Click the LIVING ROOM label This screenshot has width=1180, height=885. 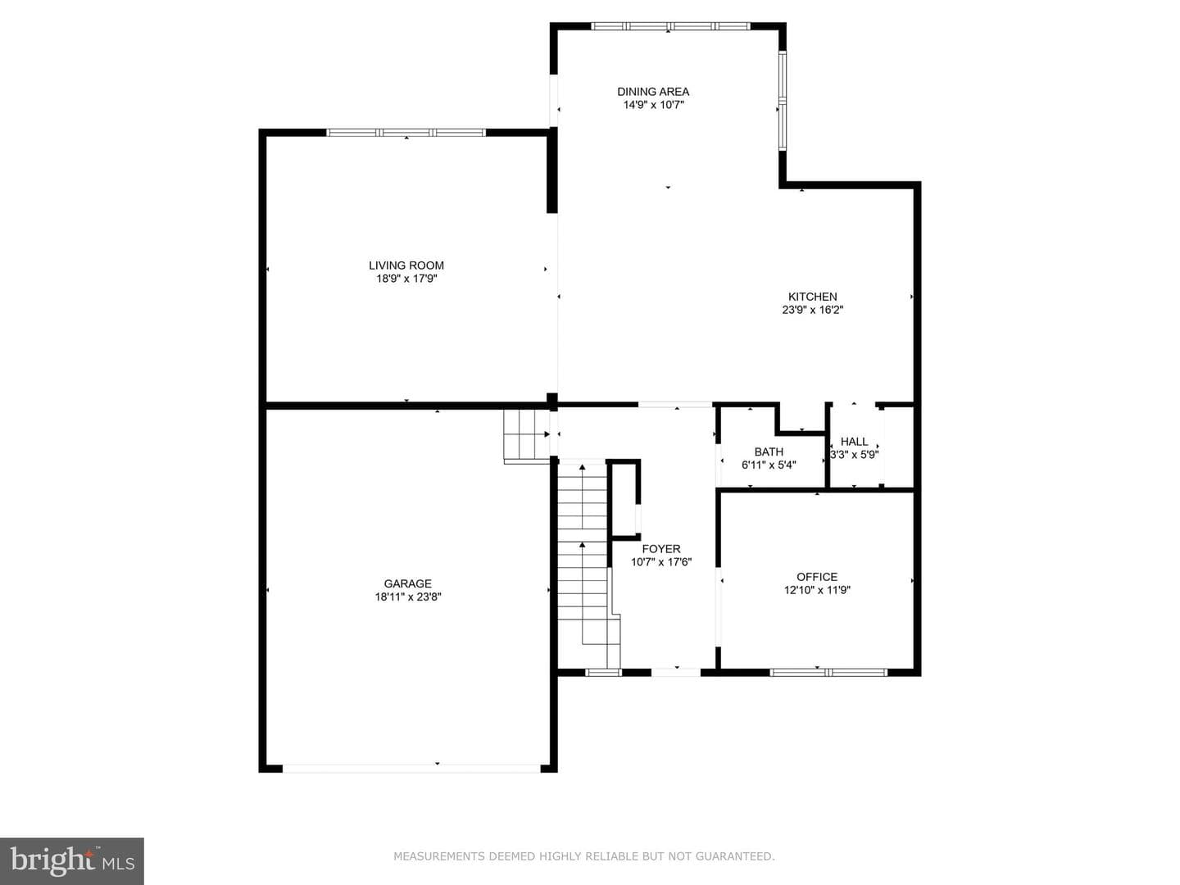pyautogui.click(x=406, y=265)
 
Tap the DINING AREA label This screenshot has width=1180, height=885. pyautogui.click(x=652, y=91)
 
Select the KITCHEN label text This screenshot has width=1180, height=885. pyautogui.click(x=812, y=296)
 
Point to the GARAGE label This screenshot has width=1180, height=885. pyautogui.click(x=407, y=583)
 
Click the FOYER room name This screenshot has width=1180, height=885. pyautogui.click(x=661, y=549)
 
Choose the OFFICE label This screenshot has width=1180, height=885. pyautogui.click(x=817, y=577)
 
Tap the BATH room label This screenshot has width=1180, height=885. pyautogui.click(x=769, y=452)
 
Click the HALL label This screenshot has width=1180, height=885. pyautogui.click(x=854, y=441)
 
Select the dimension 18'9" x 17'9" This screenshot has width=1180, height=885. pyautogui.click(x=406, y=279)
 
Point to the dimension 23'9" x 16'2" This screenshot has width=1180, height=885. pyautogui.click(x=812, y=310)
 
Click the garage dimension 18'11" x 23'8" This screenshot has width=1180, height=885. pyautogui.click(x=408, y=597)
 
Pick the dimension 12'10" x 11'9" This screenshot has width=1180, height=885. pyautogui.click(x=817, y=590)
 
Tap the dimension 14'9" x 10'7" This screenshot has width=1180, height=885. pyautogui.click(x=653, y=105)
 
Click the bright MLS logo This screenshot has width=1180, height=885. pyautogui.click(x=72, y=861)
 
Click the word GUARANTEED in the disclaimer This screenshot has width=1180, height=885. pyautogui.click(x=734, y=856)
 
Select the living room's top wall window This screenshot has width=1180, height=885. pyautogui.click(x=406, y=133)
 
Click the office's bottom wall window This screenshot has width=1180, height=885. pyautogui.click(x=828, y=672)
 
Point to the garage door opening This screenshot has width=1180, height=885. pyautogui.click(x=411, y=769)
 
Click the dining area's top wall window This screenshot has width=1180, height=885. pyautogui.click(x=670, y=25)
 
